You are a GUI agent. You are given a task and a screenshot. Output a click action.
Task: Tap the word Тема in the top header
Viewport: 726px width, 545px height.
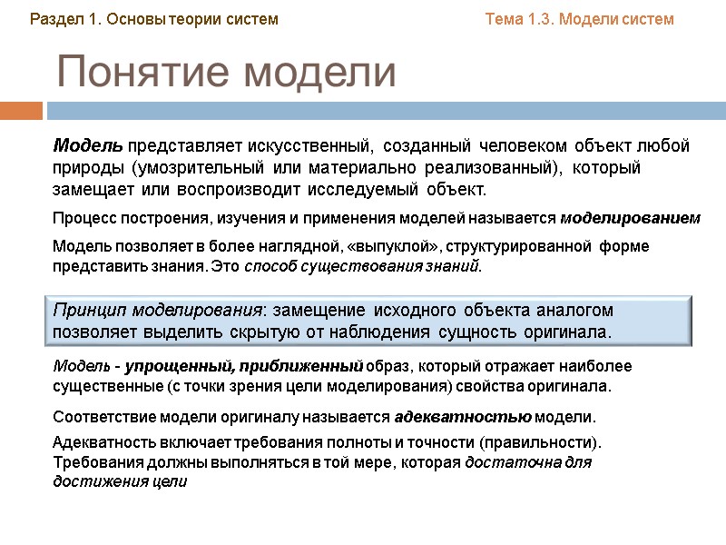click(x=506, y=19)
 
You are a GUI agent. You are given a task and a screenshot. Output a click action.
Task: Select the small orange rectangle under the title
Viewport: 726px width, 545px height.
click(x=21, y=111)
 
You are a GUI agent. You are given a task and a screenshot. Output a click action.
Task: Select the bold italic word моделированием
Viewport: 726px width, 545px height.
click(x=631, y=219)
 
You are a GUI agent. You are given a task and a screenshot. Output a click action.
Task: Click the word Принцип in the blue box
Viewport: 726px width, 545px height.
click(x=86, y=311)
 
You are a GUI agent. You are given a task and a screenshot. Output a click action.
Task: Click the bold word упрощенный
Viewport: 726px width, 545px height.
click(x=168, y=366)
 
